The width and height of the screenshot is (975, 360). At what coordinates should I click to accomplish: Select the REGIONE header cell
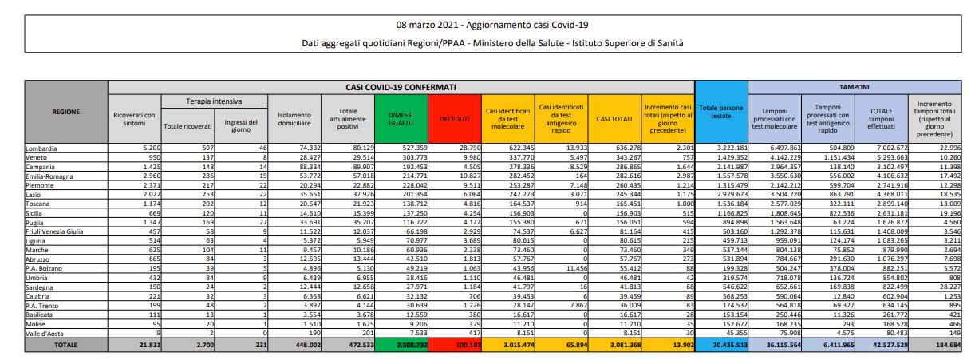pos(65,112)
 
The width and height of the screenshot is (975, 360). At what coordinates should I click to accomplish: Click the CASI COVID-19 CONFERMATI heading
pos(401,86)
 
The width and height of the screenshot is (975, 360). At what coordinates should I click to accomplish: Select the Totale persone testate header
pos(721,112)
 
